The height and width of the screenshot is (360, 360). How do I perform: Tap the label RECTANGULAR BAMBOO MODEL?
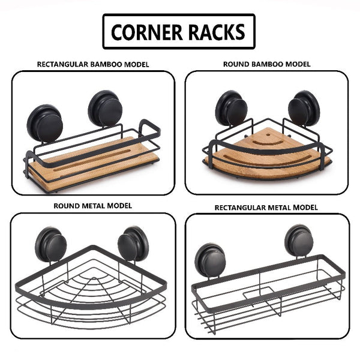click(x=93, y=64)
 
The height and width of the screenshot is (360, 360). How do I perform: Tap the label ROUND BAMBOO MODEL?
click(x=266, y=64)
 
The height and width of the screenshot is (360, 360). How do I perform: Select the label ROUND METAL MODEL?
click(x=93, y=206)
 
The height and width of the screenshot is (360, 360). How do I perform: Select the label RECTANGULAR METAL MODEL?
click(x=266, y=208)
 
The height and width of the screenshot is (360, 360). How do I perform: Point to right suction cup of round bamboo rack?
click(x=304, y=110)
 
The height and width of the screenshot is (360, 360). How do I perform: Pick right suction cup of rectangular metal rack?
click(x=298, y=241)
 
